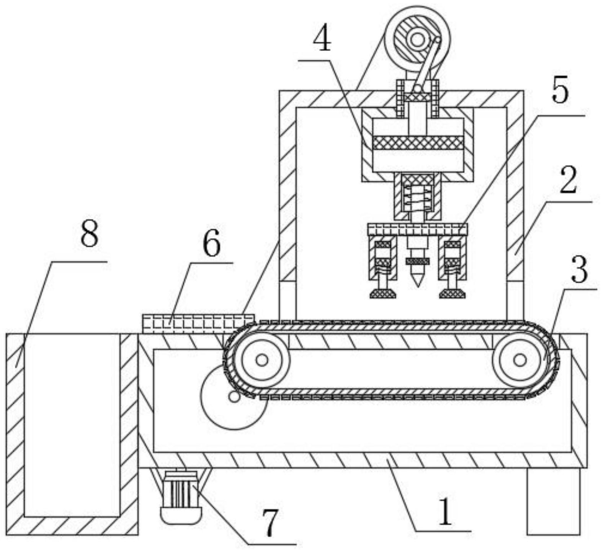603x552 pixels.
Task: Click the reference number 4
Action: (x=322, y=40)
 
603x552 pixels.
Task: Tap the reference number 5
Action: (x=560, y=92)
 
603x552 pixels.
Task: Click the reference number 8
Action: (x=89, y=234)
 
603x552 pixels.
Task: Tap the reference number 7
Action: (x=270, y=523)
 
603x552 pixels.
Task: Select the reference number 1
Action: (x=445, y=512)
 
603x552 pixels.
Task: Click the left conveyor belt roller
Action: (x=262, y=360)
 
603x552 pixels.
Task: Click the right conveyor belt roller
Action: (x=520, y=360)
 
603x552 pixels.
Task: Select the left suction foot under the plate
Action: (x=383, y=293)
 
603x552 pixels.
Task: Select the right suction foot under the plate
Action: (x=452, y=293)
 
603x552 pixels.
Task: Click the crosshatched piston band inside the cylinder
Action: (x=418, y=143)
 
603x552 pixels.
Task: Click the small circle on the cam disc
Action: (x=234, y=397)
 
